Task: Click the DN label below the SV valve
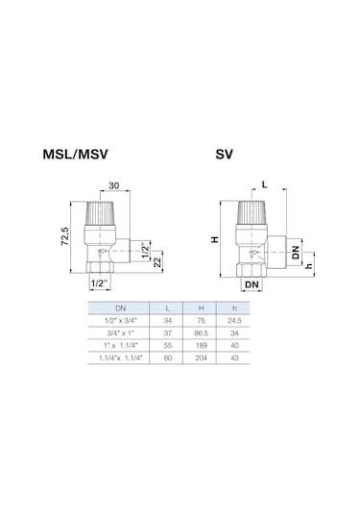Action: coord(251,286)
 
